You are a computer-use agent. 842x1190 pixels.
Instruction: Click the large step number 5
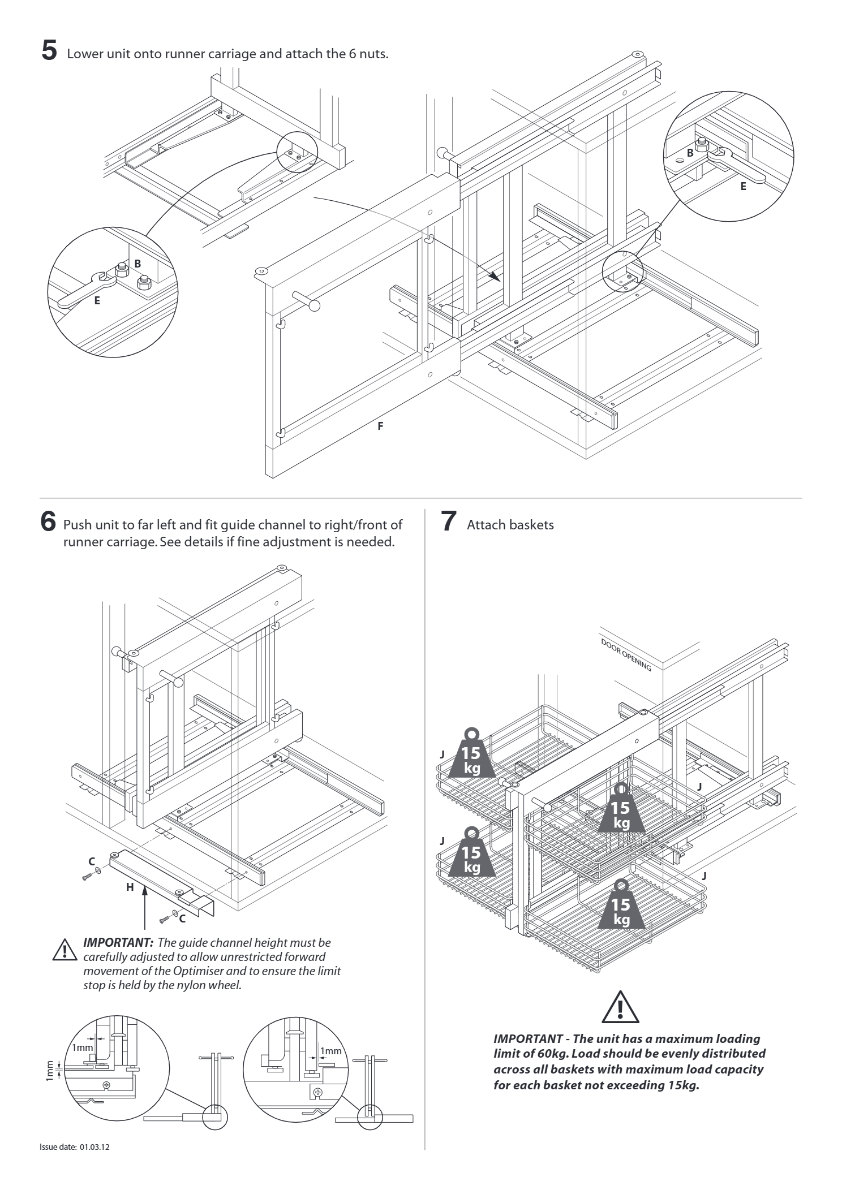tap(50, 50)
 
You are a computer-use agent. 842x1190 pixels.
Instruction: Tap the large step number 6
tap(49, 521)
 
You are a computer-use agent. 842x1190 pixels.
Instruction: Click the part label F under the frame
tap(380, 426)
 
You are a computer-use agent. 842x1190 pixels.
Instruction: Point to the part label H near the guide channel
tap(130, 887)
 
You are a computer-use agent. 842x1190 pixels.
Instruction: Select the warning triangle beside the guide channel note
tap(65, 950)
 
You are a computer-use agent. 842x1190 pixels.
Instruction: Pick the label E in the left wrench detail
tap(97, 300)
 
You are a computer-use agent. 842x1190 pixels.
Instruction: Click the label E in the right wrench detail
tap(743, 186)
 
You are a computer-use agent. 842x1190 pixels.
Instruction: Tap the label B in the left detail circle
tap(138, 263)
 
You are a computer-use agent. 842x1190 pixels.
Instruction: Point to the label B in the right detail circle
tap(690, 152)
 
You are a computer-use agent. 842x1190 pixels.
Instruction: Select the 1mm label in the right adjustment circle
tap(331, 1051)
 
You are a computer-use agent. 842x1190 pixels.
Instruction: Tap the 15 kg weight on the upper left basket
tap(471, 755)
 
